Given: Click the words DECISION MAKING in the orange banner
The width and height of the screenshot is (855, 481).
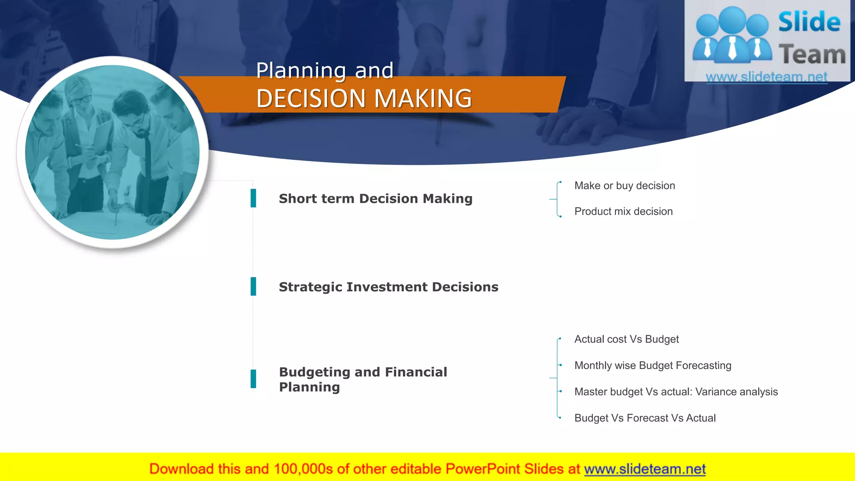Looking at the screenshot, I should (x=364, y=99).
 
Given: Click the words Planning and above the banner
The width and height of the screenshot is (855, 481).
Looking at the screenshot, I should (x=325, y=70).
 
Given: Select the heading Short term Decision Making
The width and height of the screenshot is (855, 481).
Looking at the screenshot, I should (x=375, y=198).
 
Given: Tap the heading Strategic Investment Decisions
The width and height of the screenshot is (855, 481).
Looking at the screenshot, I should (x=388, y=287).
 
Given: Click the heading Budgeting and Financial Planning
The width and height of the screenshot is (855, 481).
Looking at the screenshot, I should (x=362, y=379).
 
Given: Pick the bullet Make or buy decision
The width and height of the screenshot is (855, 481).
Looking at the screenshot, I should (x=625, y=185).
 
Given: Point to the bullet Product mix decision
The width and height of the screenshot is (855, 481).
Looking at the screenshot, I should (x=623, y=211).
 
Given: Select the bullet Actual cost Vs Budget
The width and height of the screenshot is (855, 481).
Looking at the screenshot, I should (x=626, y=339).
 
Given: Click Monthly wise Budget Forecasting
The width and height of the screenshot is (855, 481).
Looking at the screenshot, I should (x=653, y=365).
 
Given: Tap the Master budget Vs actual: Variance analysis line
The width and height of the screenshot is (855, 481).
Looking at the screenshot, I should (x=676, y=392).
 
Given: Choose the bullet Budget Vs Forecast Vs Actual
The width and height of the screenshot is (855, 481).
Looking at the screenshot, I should (x=645, y=418).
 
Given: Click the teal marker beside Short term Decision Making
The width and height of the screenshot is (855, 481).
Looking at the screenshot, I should (x=253, y=198).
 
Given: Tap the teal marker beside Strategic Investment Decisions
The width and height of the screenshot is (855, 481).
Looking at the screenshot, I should (x=253, y=286).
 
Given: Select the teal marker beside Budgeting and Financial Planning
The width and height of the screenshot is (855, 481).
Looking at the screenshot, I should (x=253, y=379).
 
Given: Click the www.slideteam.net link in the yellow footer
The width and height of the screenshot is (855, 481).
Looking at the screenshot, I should (x=645, y=469).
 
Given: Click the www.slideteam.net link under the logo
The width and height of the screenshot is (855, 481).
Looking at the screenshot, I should (x=766, y=77).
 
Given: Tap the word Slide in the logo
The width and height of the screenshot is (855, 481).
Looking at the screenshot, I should (x=809, y=22).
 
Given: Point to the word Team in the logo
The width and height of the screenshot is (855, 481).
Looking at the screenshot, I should (x=812, y=55).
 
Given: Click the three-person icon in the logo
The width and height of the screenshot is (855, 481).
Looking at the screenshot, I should (x=732, y=35).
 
